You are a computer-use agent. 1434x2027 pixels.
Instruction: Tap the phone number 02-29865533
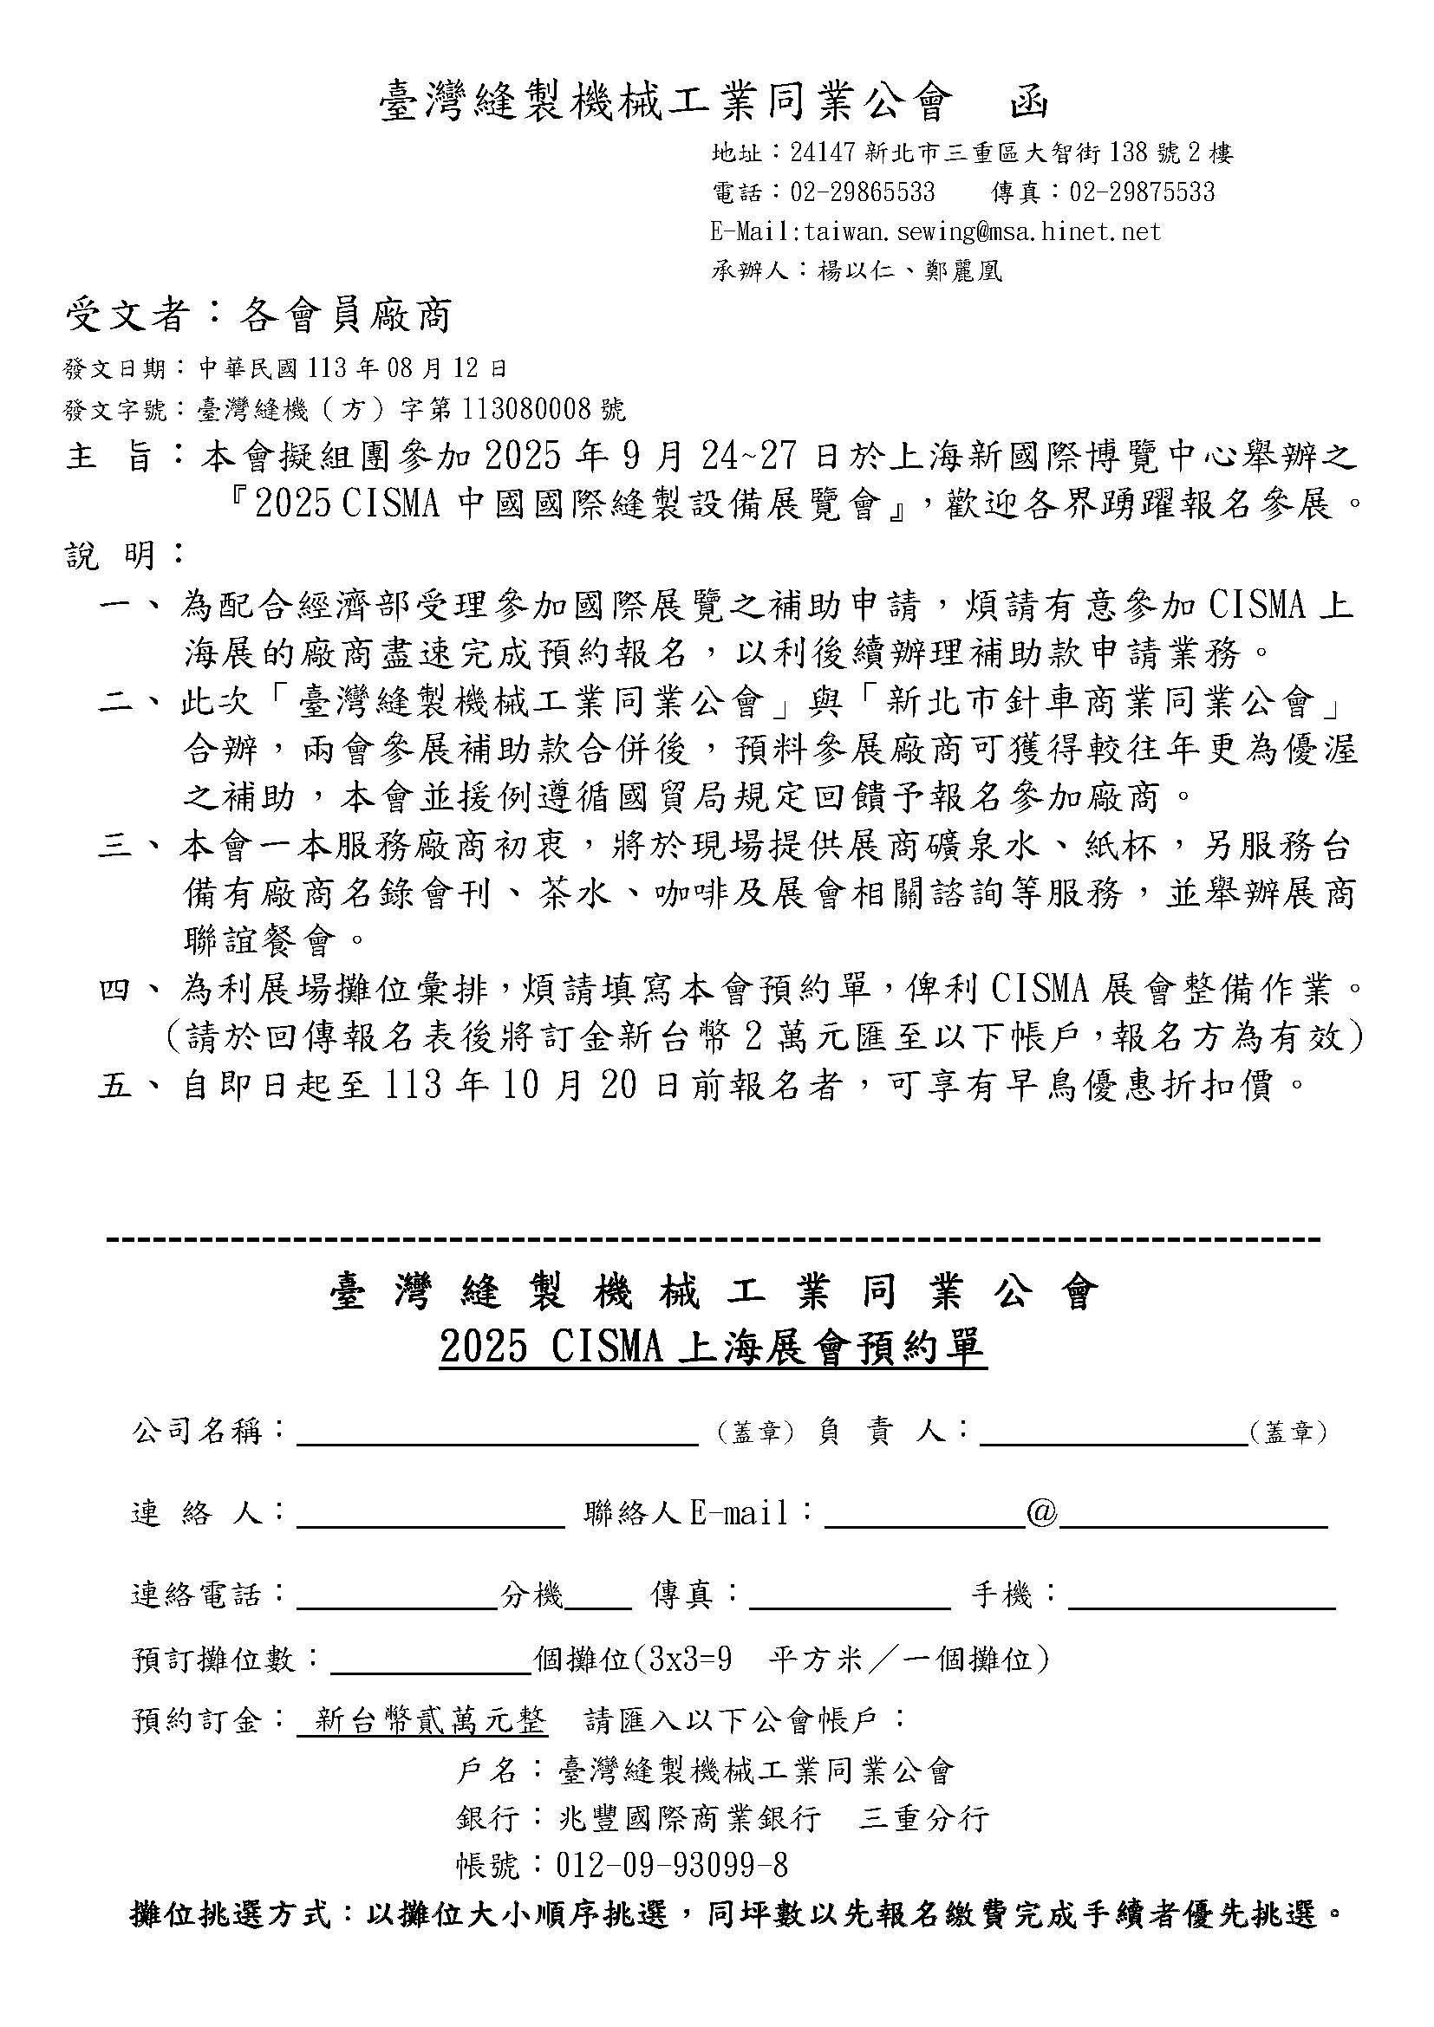[862, 192]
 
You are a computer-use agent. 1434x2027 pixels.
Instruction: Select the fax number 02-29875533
[1142, 192]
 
